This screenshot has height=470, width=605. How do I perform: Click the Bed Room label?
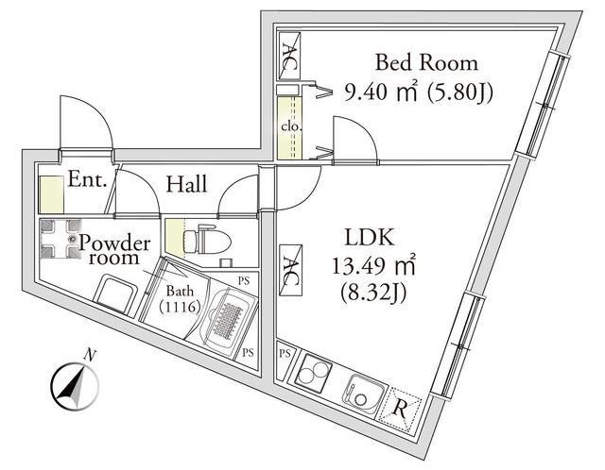426,63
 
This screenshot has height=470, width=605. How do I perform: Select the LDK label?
370,237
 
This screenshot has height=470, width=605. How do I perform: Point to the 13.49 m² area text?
373,266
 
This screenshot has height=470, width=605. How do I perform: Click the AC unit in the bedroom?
289,56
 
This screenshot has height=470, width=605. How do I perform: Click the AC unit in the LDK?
290,270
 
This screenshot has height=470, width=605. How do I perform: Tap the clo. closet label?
290,126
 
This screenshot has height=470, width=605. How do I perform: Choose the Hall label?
187,185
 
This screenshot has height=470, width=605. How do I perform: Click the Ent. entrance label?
87,179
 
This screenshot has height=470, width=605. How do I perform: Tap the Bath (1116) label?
180,299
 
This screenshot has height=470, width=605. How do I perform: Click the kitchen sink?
363,394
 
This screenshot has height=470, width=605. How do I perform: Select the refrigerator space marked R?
399,410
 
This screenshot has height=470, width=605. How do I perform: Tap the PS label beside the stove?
285,353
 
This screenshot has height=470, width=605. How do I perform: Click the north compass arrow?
75,383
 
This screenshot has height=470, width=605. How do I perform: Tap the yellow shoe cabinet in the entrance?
51,194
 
